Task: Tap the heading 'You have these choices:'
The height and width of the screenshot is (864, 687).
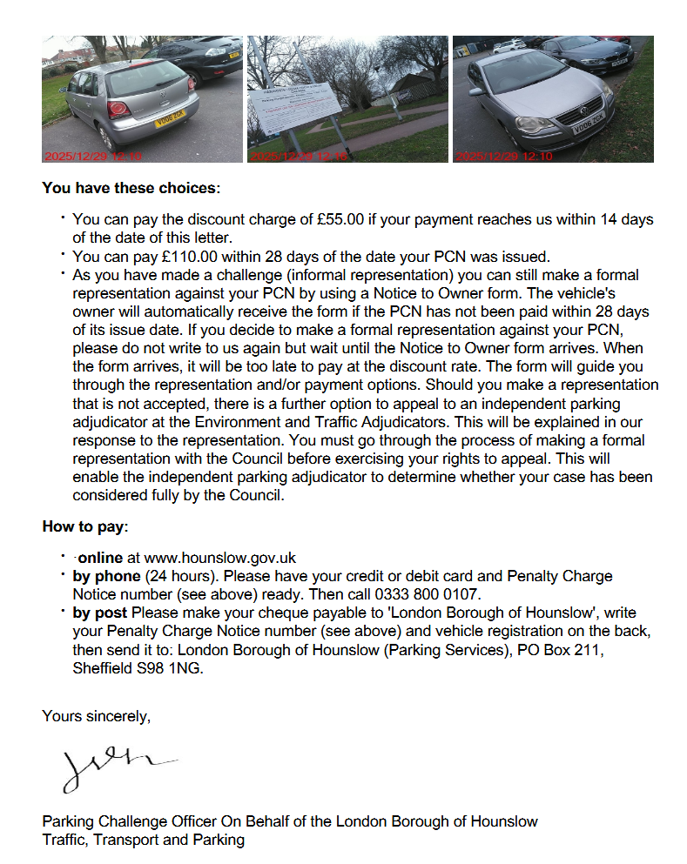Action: click(x=131, y=187)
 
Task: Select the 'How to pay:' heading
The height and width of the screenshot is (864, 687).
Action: click(x=85, y=526)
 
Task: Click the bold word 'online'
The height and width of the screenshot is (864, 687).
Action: click(x=101, y=558)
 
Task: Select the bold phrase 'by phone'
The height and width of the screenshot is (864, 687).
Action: click(x=106, y=576)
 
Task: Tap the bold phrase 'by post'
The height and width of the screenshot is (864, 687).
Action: click(x=100, y=613)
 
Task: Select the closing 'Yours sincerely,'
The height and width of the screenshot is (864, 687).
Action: click(x=97, y=716)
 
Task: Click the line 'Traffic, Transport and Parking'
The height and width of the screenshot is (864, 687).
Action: click(x=143, y=840)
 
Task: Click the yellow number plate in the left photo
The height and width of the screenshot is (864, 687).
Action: click(x=170, y=119)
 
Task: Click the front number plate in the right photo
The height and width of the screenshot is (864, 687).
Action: click(x=587, y=126)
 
